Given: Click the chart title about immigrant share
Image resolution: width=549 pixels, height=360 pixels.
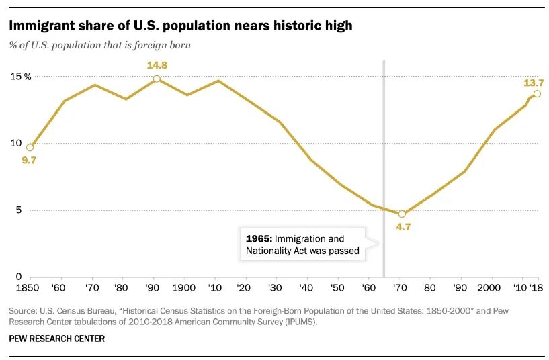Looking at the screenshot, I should (180, 26).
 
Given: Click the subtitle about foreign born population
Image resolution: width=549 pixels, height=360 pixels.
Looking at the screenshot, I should (100, 46).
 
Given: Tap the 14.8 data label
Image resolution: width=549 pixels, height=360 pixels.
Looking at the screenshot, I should (156, 65).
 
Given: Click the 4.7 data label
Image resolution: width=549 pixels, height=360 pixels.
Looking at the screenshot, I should (403, 227).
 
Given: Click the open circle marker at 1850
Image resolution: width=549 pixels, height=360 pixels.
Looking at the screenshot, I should (30, 147).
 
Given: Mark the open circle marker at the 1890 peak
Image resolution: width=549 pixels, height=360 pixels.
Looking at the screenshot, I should (157, 79).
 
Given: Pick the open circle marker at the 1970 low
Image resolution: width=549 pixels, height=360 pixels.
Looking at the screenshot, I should (402, 214).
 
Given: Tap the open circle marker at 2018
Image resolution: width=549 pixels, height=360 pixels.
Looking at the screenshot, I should (537, 93).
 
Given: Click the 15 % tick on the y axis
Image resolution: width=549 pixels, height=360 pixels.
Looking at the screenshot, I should (20, 77).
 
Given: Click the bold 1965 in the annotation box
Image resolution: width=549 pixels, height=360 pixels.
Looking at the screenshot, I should (257, 239).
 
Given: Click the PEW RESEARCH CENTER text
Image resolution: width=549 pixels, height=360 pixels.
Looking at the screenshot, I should (57, 339).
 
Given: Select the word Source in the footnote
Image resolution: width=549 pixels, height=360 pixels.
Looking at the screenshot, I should (23, 312).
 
